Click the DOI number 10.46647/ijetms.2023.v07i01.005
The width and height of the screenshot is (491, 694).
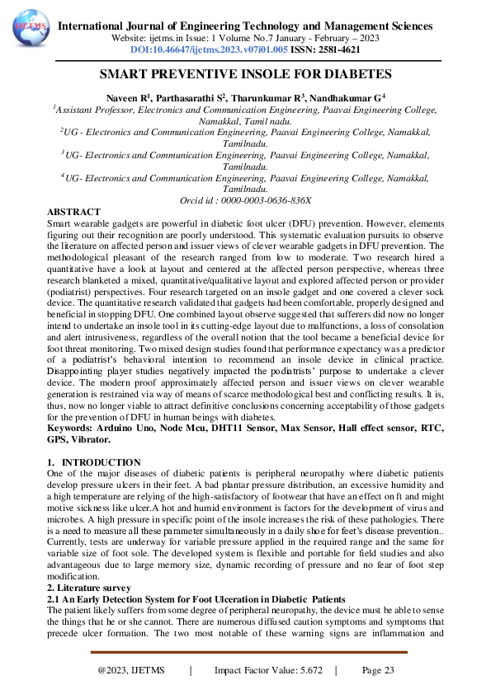click(220, 50)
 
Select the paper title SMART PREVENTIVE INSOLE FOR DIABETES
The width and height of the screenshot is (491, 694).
click(245, 73)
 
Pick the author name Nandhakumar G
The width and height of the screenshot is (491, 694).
click(347, 97)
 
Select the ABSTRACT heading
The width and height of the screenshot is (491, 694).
click(73, 212)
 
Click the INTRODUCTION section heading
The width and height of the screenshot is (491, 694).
click(102, 462)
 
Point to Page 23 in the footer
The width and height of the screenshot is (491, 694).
click(378, 670)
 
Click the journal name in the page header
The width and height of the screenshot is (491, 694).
click(245, 26)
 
